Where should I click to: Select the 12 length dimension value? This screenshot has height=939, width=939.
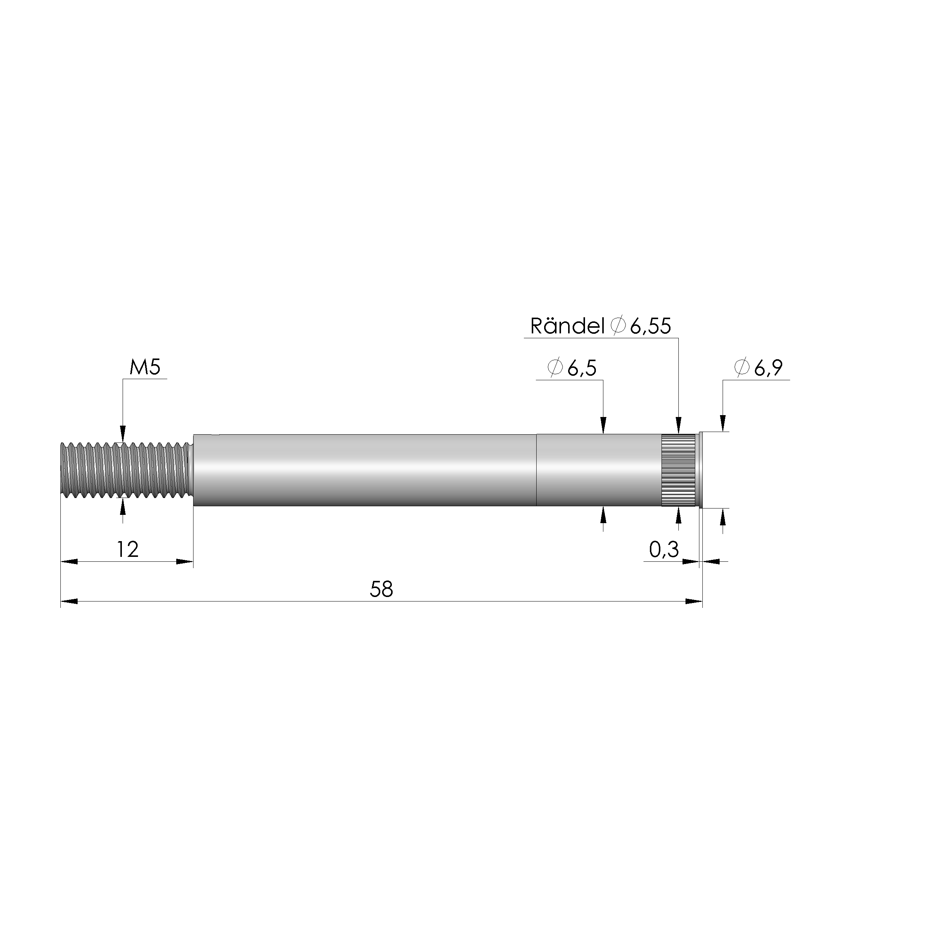pos(128,550)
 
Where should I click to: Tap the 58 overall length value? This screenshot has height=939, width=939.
pos(381,589)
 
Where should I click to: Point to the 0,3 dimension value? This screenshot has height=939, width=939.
pos(664,550)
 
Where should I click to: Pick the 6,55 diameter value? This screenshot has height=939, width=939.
pos(651,326)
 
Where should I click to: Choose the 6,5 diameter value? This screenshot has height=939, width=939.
pos(582,368)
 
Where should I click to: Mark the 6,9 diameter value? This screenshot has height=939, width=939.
pos(768,368)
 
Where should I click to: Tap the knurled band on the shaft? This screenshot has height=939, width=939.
pos(678,470)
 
